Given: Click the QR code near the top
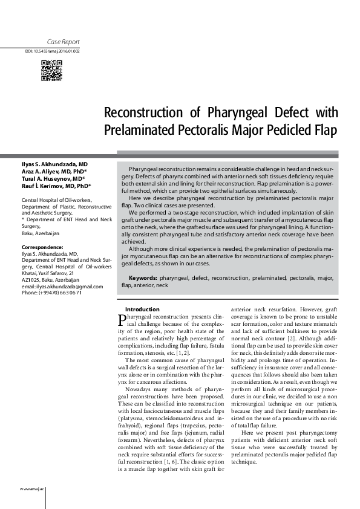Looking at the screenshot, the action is pyautogui.click(x=51, y=71).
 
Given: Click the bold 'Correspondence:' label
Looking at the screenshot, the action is pyautogui.click(x=42, y=248).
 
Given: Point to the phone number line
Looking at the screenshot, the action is pyautogui.click(x=52, y=293).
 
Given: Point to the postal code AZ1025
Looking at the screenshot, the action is pyautogui.click(x=31, y=280).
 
